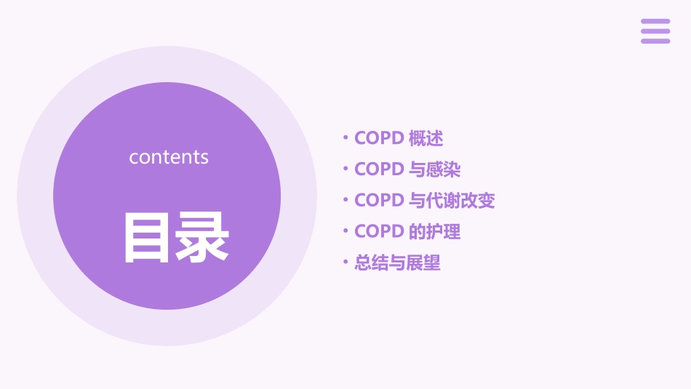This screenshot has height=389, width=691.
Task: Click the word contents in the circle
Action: tap(169, 157)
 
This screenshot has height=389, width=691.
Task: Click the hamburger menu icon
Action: tap(655, 31)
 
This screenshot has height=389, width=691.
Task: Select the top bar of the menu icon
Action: tap(655, 22)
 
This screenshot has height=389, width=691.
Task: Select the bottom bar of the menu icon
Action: tap(655, 41)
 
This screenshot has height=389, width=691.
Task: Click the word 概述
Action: tap(426, 138)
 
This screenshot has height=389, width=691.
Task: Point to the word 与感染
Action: tap(435, 169)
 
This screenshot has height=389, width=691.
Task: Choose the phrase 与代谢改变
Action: tap(452, 201)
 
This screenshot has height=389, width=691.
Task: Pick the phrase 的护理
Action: tap(435, 232)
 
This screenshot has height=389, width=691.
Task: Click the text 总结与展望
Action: tap(397, 263)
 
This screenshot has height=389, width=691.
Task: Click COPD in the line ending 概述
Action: tap(379, 138)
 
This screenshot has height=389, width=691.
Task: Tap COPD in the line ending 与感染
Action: tap(379, 169)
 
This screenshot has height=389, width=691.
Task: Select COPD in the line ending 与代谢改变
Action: tap(379, 201)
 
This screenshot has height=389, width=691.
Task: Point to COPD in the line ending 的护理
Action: tap(379, 232)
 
